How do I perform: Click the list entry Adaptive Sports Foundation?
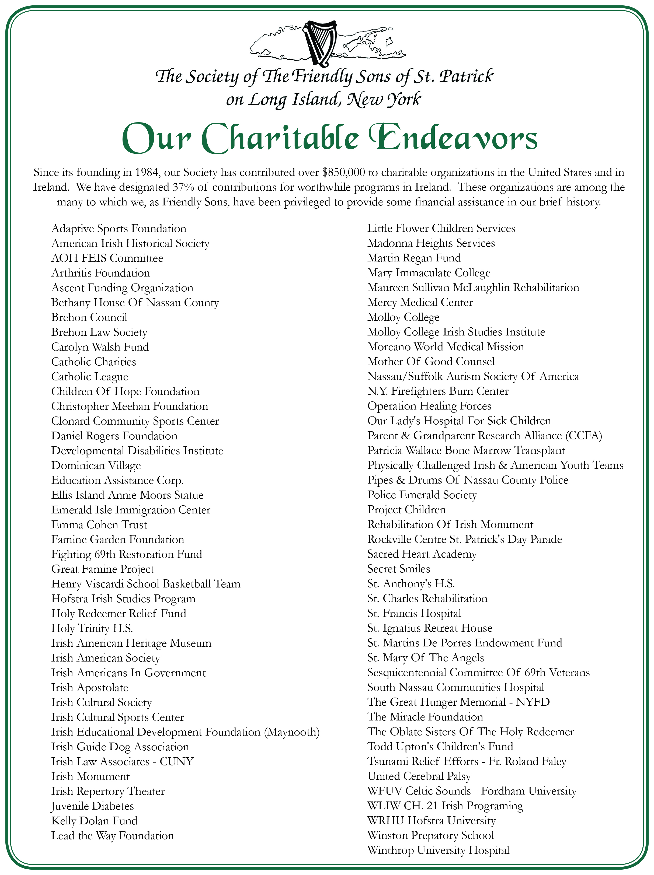[119, 229]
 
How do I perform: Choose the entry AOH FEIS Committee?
[107, 258]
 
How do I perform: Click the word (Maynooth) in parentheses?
[292, 732]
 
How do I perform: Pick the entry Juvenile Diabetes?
[93, 806]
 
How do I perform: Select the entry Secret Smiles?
[398, 569]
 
